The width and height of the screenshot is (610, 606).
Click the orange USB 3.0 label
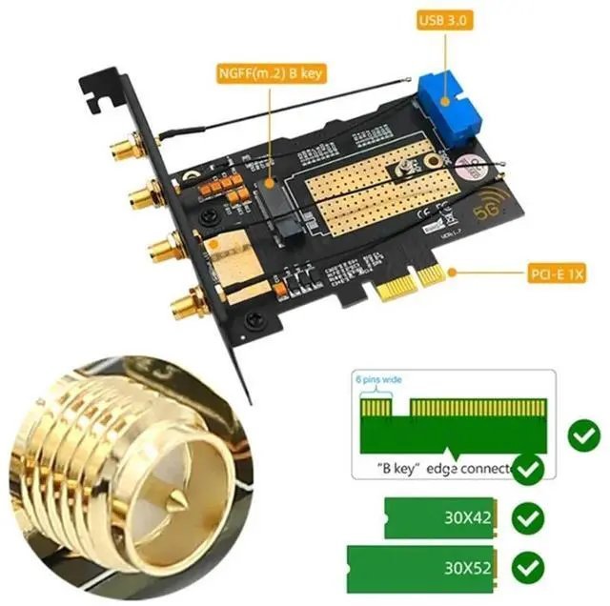[444, 19]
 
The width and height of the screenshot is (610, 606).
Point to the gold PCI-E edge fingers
[410, 283]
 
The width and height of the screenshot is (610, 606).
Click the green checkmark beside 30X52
[527, 568]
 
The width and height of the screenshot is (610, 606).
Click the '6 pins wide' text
[378, 379]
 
